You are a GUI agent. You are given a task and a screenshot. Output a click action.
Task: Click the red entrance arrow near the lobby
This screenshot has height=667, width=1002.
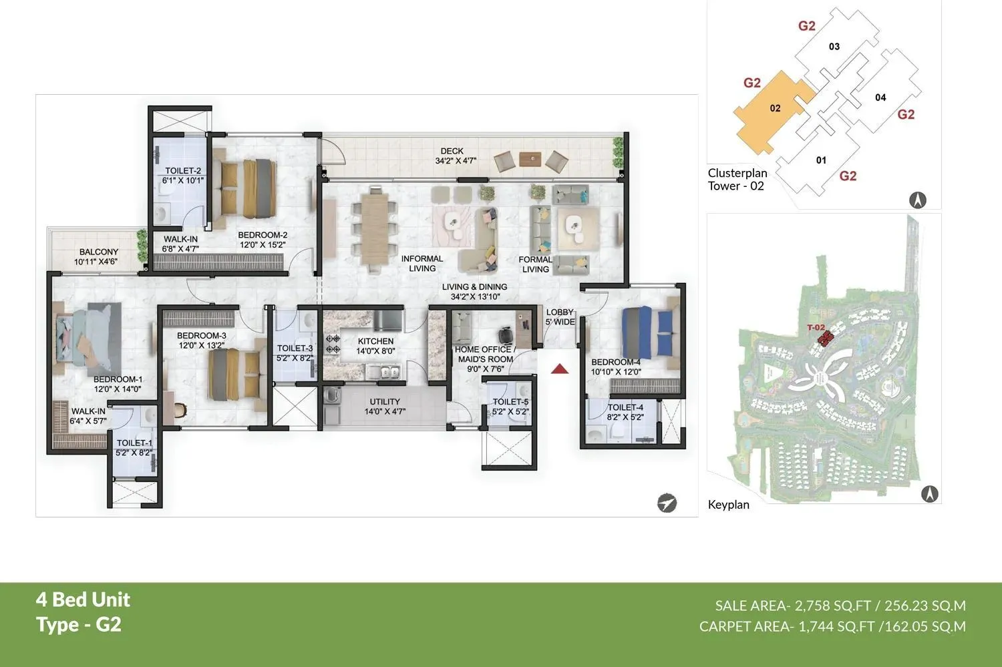[x=559, y=369]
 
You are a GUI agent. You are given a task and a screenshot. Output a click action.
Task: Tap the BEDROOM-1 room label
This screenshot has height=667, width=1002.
[x=118, y=379]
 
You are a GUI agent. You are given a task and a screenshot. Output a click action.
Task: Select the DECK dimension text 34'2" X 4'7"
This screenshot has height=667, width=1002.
[x=456, y=161]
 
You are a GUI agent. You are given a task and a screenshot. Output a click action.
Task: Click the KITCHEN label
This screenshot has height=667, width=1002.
[x=375, y=341]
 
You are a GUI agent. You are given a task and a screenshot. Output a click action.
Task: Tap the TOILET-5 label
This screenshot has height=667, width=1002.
[x=510, y=402]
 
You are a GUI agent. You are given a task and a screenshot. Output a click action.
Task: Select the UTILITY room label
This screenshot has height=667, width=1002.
[x=385, y=402]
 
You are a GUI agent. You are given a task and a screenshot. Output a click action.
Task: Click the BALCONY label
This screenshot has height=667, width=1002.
[x=99, y=252]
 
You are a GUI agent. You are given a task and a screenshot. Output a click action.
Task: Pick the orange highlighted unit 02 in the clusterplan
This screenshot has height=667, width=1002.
[x=774, y=109]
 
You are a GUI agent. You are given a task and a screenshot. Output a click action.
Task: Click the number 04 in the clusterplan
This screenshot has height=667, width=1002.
[x=880, y=97]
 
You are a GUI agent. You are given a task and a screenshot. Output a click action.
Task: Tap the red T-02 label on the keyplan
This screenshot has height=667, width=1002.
[x=816, y=328]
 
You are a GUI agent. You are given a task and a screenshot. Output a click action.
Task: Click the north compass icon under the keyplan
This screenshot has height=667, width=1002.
[x=929, y=494]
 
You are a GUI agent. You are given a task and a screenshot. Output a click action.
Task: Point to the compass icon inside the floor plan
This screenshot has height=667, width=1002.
[x=666, y=503]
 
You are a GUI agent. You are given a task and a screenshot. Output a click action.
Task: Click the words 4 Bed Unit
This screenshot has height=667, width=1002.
[x=83, y=600]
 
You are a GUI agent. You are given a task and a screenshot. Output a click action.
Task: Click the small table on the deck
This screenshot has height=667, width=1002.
[x=531, y=159]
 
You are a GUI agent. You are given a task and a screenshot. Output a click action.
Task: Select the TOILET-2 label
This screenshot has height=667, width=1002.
[x=183, y=171]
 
